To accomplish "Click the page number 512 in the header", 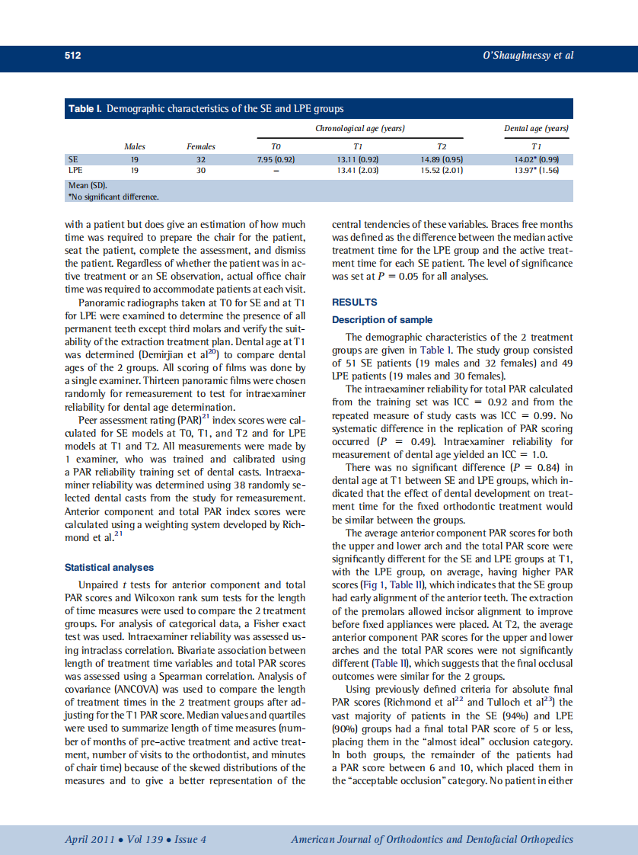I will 72,56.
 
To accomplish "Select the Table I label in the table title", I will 85,109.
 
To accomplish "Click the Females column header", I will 201,146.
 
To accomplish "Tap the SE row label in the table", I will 73,159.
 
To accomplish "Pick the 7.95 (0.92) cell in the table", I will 276,159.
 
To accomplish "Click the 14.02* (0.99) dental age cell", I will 537,159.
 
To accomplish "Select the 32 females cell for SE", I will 201,159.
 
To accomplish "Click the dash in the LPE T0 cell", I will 276,170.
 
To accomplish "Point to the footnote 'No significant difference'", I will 114,197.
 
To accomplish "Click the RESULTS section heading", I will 355,303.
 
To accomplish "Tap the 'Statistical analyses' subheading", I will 109,568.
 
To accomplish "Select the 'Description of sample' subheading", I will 382,320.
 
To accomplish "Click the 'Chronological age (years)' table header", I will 359,129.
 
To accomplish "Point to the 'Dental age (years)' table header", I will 537,129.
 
